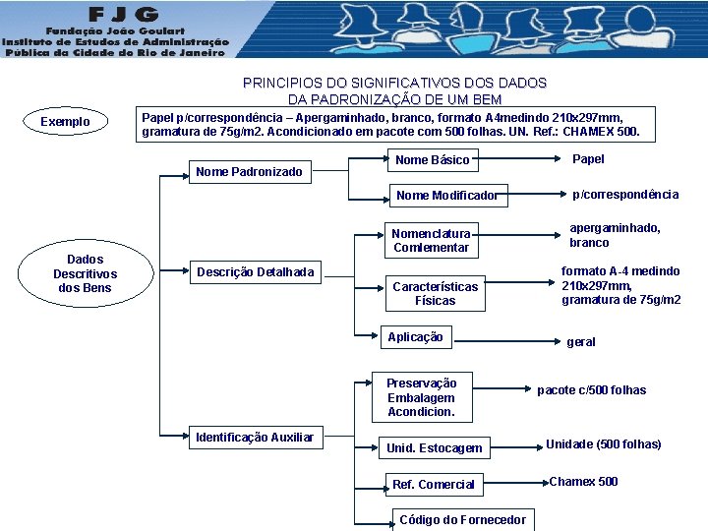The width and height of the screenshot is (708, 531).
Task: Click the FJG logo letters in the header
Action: click(123, 17)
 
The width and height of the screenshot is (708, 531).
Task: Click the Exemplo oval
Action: click(65, 122)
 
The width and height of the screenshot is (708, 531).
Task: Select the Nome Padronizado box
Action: click(249, 172)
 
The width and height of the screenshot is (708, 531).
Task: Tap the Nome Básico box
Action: click(432, 160)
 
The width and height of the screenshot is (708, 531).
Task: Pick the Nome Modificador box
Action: click(446, 196)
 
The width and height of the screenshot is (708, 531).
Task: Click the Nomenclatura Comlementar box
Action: click(431, 241)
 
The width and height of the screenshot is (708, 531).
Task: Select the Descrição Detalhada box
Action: click(256, 272)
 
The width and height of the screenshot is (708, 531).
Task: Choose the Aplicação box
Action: click(415, 337)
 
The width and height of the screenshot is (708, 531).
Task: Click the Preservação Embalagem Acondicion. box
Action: click(421, 397)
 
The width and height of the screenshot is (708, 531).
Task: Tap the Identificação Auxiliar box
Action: click(255, 437)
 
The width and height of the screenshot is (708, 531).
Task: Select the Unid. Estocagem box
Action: click(434, 448)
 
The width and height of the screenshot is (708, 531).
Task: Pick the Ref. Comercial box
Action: click(433, 484)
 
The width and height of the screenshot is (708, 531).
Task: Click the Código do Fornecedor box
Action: click(462, 520)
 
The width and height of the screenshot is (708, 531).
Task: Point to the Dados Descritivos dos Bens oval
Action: click(85, 273)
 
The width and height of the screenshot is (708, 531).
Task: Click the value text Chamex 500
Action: click(583, 482)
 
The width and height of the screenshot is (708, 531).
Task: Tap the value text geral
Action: click(580, 342)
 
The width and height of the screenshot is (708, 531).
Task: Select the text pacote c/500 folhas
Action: click(591, 390)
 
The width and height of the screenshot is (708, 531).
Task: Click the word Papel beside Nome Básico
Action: click(588, 159)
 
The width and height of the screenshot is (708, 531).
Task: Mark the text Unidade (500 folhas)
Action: click(603, 444)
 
